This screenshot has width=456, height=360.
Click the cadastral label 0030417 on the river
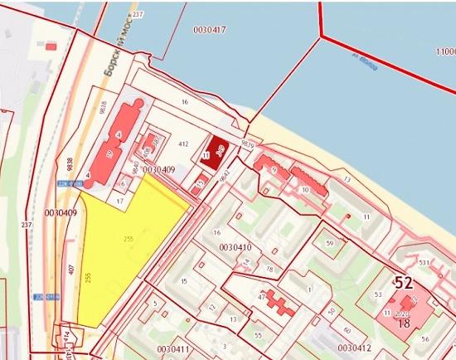(208, 30)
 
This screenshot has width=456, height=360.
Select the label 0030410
(235, 247)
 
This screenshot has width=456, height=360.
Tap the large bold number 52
(403, 283)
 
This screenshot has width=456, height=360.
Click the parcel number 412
(183, 144)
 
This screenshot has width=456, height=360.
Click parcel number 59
(329, 243)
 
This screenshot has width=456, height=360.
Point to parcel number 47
(262, 296)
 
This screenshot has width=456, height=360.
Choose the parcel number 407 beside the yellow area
(73, 270)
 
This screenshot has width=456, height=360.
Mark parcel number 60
(347, 329)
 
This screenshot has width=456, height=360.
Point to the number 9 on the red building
(272, 169)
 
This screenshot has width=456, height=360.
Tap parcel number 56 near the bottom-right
(424, 338)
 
